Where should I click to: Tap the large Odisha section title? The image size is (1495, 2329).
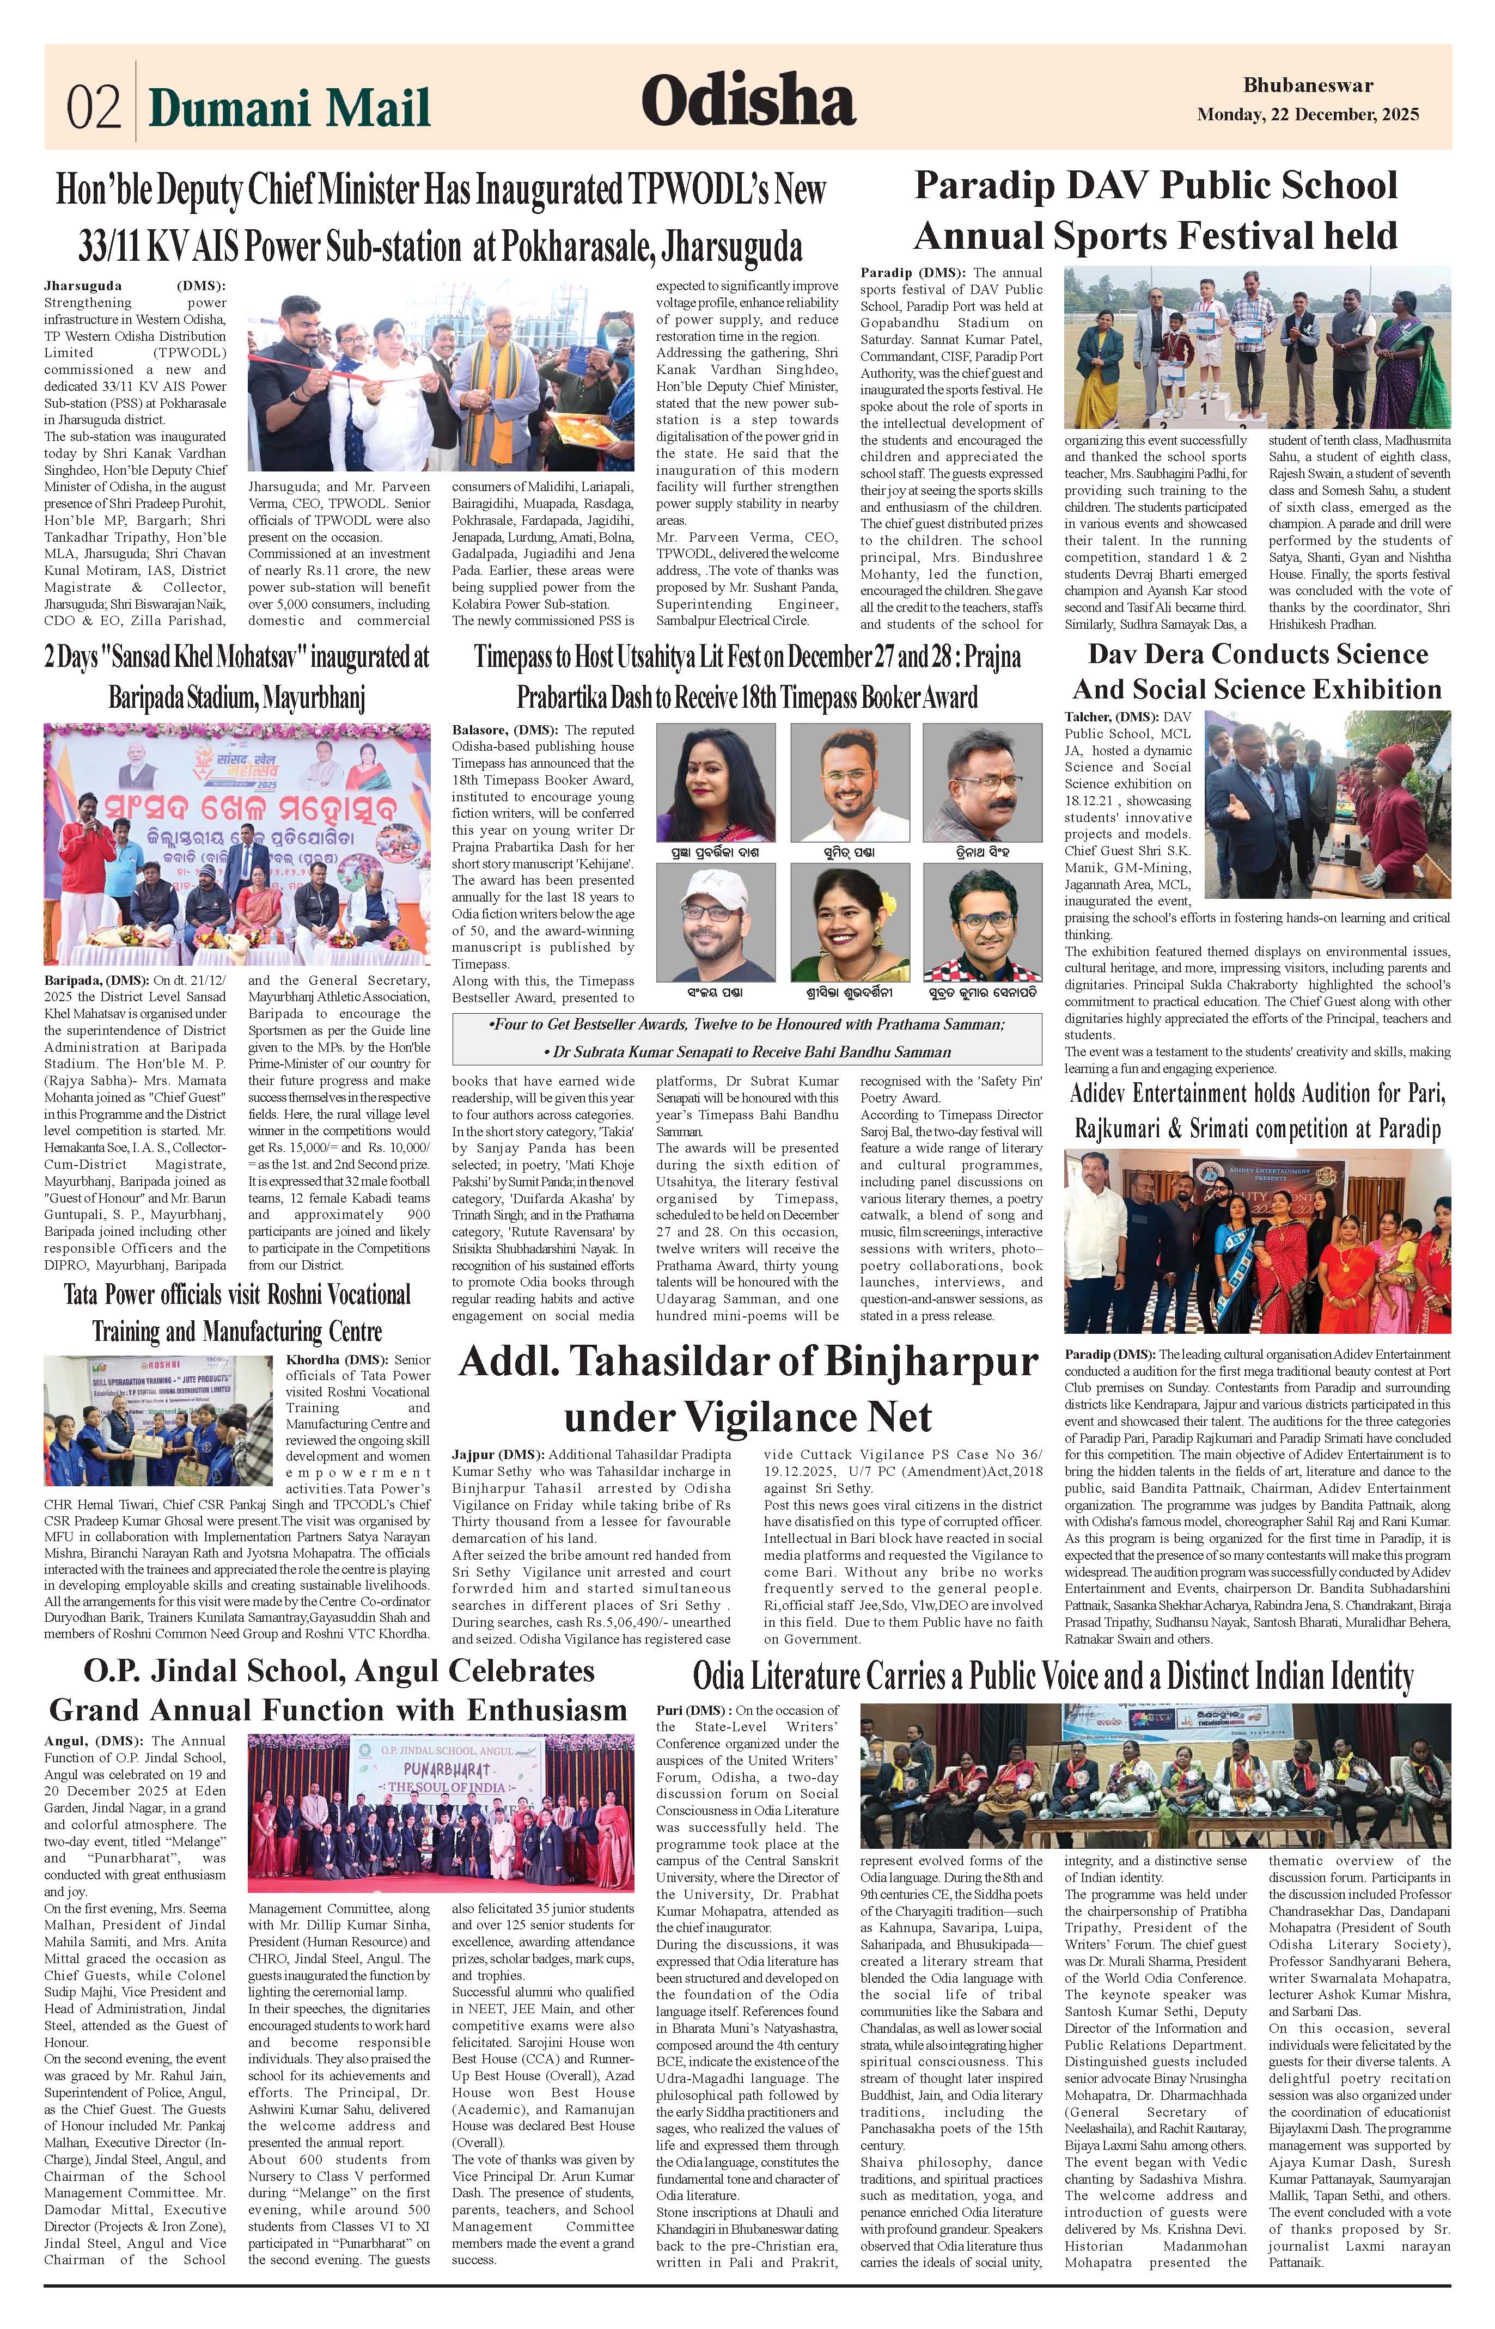coord(747,101)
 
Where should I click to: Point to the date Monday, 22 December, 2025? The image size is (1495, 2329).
coord(1308,114)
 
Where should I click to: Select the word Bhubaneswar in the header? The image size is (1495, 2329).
coord(1308,85)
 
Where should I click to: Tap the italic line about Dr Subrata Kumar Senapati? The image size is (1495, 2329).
coord(747,1052)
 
